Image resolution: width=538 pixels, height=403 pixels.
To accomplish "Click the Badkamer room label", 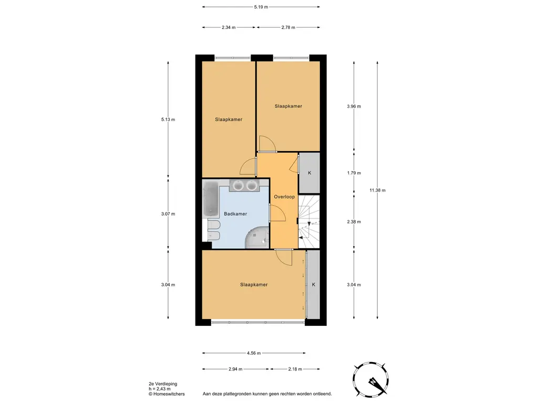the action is pos(235,214).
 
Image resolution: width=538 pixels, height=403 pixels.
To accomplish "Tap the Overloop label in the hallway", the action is pos(284,197).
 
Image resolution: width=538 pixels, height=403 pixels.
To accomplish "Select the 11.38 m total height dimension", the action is pos(377,190).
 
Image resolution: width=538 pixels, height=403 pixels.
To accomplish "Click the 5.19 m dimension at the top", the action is pos(261,7).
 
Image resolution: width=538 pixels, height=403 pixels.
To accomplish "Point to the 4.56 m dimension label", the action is pos(254,353).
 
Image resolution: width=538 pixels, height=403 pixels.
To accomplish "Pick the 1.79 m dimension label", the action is pos(354,173).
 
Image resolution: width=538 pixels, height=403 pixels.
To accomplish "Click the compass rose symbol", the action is pos(370,379).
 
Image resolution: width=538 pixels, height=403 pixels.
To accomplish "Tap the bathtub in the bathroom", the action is pos(211,199).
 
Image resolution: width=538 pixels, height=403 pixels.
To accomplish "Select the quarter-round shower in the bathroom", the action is pos(257,238).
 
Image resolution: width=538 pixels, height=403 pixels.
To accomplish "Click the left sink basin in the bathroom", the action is pos(237,185).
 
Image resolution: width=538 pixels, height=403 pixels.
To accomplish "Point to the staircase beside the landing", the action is pos(309,221).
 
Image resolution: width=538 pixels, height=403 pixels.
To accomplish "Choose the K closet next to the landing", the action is pos(309,173).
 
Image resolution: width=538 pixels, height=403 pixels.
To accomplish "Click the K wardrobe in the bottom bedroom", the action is pos(313,284).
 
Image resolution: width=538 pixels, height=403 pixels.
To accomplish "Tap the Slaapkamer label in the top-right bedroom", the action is pos(288,106).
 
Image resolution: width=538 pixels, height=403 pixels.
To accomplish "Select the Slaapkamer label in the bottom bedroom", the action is pos(254,285).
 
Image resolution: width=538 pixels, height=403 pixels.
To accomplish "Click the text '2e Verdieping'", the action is pos(163,384).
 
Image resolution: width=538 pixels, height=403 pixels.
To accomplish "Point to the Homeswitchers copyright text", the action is pos(167,394).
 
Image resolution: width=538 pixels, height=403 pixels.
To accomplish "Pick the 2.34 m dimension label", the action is pos(229,27).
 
